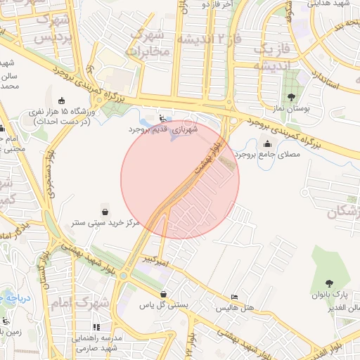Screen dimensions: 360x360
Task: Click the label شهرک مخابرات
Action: pos(147,43)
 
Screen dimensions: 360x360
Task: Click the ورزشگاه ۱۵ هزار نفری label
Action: pos(60,117)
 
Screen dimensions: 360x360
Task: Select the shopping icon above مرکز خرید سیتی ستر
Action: pos(105,211)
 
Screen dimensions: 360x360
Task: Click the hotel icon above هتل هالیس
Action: pos(234,299)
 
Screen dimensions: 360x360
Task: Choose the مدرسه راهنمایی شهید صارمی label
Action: pos(97,342)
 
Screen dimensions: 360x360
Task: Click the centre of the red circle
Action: pos(180,180)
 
